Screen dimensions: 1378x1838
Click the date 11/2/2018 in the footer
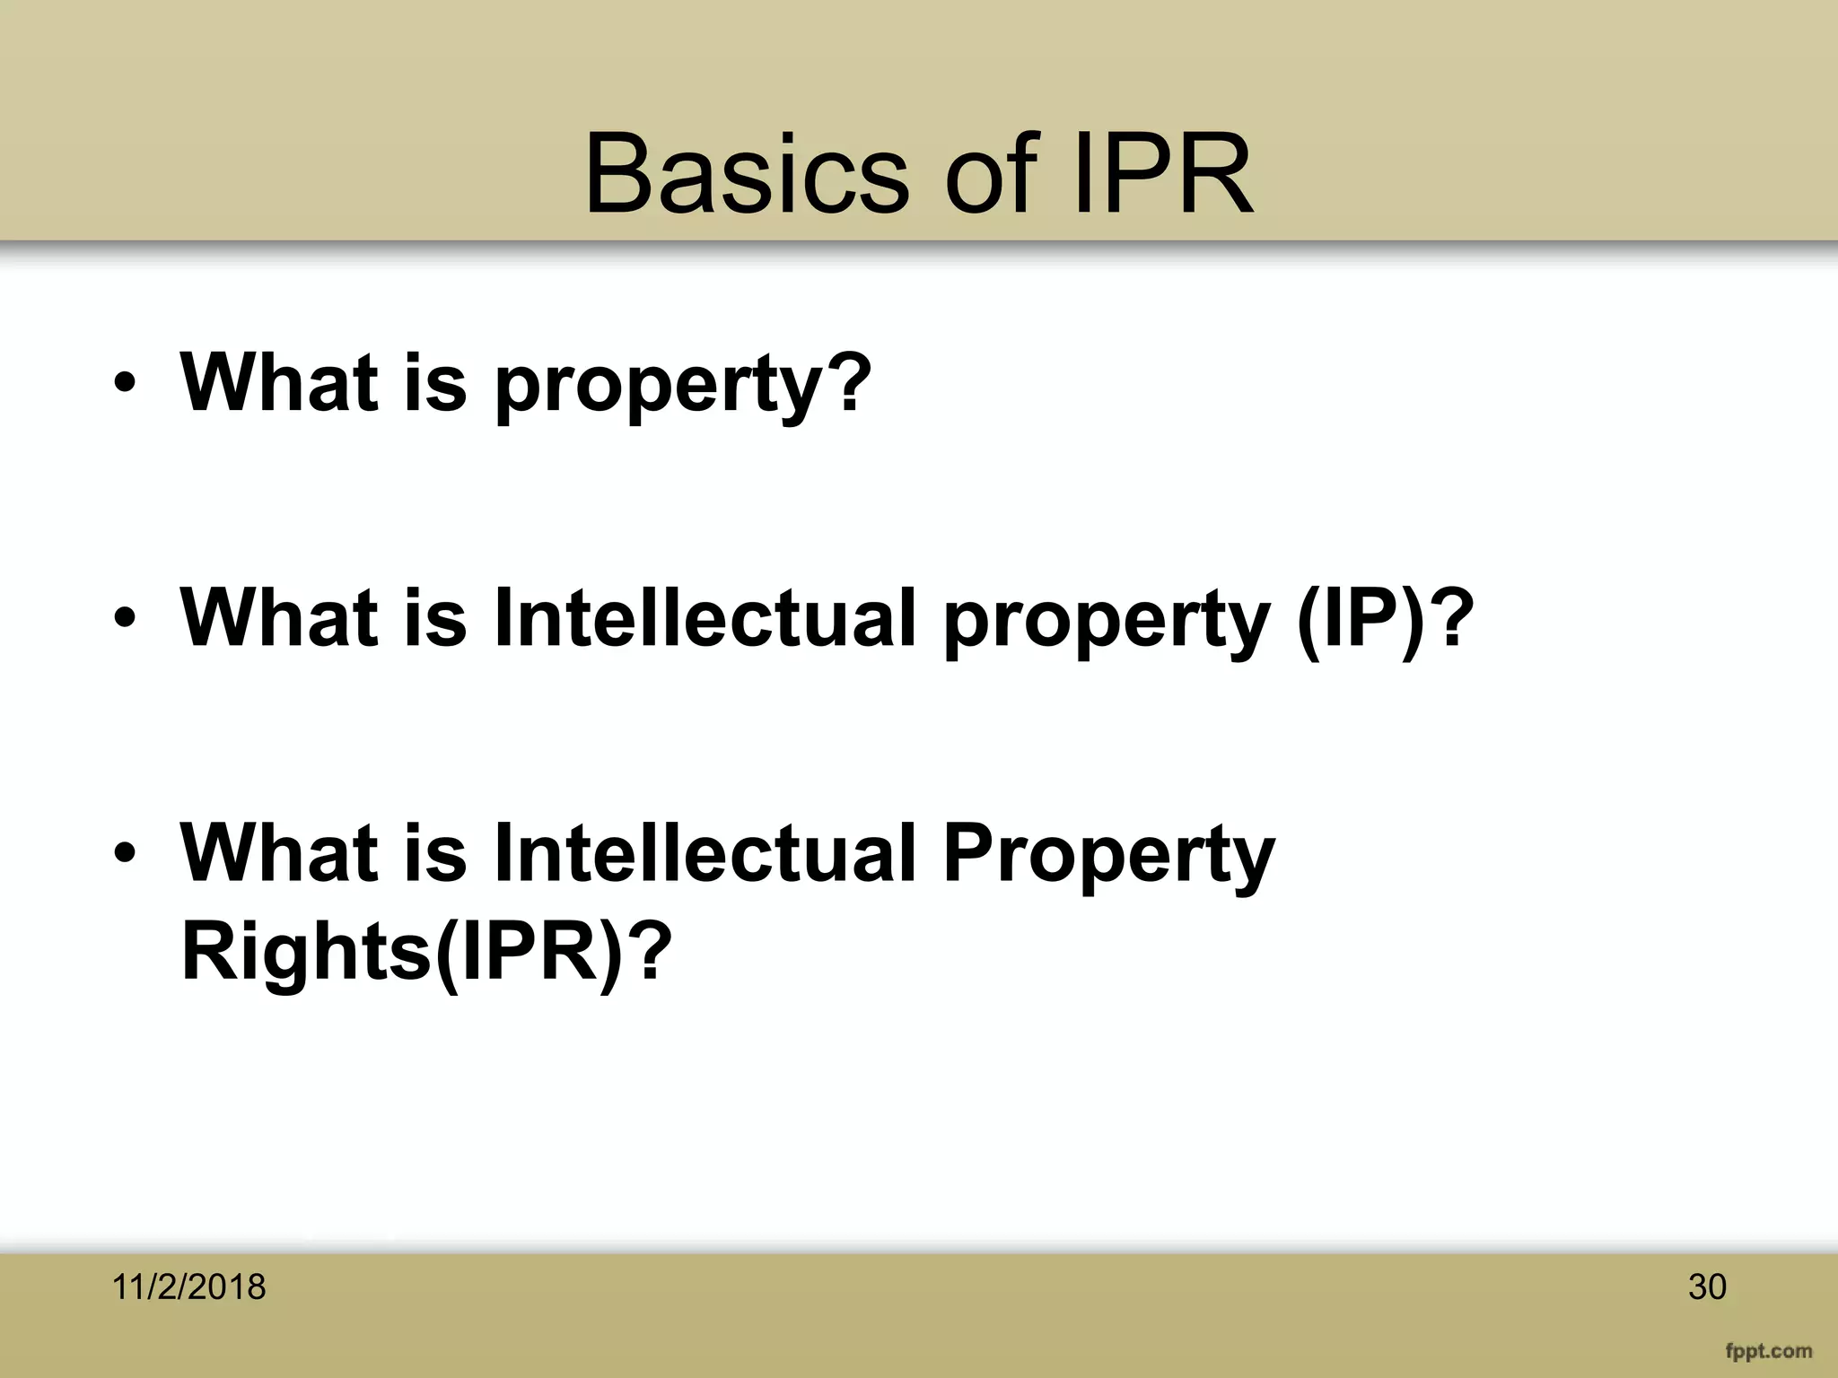tap(188, 1286)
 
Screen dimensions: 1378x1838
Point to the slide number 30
tap(1707, 1286)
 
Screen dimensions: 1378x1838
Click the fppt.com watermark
tap(1767, 1350)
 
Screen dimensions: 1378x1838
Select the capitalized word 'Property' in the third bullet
tap(1108, 854)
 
